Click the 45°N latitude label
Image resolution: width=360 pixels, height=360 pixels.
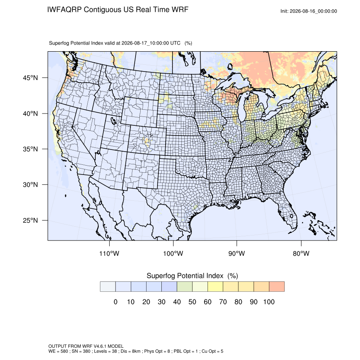pyautogui.click(x=30, y=78)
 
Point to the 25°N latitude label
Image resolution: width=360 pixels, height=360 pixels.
pyautogui.click(x=30, y=220)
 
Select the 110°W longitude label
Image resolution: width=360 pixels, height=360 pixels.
pyautogui.click(x=109, y=253)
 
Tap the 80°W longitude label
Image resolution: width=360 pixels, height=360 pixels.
pyautogui.click(x=301, y=253)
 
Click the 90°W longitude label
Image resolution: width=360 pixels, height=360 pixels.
pyautogui.click(x=236, y=253)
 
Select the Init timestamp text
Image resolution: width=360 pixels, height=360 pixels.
pyautogui.click(x=309, y=11)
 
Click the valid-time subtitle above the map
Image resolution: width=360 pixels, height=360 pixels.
pyautogui.click(x=121, y=43)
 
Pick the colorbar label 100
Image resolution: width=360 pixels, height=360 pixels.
pyautogui.click(x=269, y=302)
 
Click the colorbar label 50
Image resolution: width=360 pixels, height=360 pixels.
pyautogui.click(x=192, y=302)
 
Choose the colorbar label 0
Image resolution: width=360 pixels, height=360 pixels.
pyautogui.click(x=116, y=302)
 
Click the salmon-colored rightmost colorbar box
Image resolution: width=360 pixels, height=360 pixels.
pyautogui.click(x=277, y=287)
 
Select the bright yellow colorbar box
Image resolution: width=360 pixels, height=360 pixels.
pyautogui.click(x=215, y=287)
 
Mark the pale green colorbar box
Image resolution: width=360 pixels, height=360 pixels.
pyautogui.click(x=185, y=287)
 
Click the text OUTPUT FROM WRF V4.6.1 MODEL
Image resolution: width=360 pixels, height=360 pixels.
pyautogui.click(x=86, y=346)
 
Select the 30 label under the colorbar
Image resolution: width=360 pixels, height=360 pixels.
pyautogui.click(x=161, y=302)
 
